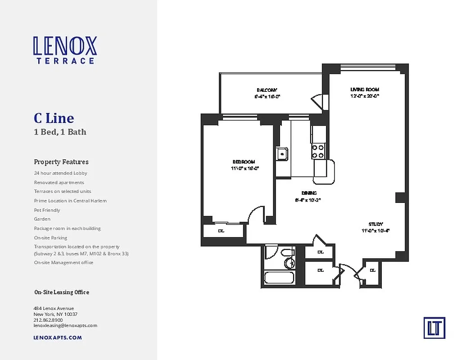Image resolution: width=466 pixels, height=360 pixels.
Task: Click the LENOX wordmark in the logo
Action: coord(65,46)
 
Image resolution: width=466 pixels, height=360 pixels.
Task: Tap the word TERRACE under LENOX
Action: coord(65,61)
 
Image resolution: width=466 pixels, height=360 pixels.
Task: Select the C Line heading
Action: coord(54,118)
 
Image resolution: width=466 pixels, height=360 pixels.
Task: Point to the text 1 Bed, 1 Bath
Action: coord(60,132)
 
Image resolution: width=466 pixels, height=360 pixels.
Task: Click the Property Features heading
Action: coord(61,162)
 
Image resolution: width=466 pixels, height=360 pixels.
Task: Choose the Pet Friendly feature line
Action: coord(47,210)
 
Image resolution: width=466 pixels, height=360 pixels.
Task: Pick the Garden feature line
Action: coord(42,219)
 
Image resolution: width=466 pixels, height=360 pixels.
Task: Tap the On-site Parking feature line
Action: coord(50,238)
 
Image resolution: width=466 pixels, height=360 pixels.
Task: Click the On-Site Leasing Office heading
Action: coord(62,292)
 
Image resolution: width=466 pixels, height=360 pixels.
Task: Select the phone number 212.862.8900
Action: coord(48,320)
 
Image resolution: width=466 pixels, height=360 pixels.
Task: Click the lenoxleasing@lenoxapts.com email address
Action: coord(65,325)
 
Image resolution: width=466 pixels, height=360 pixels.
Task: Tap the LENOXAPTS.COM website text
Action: coord(58,337)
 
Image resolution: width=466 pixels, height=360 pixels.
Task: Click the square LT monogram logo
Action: coord(434,328)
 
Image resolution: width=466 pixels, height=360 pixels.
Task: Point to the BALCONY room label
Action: coord(267,90)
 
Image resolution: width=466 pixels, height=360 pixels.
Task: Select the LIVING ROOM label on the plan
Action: coord(365,90)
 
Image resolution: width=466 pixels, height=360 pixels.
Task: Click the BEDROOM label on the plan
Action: coord(244,162)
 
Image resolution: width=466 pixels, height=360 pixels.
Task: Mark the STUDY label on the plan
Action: coord(376,224)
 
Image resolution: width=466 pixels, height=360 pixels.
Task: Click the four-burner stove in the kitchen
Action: coord(318,151)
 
